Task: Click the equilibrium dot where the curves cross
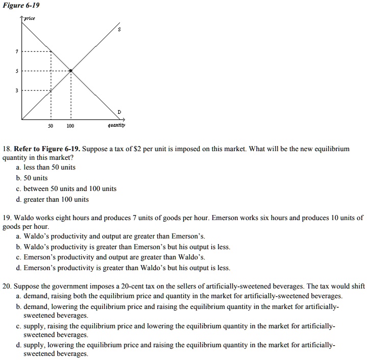coord(70,70)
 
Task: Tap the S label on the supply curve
coord(119,30)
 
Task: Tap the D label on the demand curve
coord(119,111)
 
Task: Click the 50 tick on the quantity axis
coord(51,126)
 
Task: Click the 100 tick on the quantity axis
coord(70,126)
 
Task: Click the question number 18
coord(7,149)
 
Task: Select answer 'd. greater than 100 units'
coord(52,199)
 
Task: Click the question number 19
coord(7,218)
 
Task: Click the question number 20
coord(7,286)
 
